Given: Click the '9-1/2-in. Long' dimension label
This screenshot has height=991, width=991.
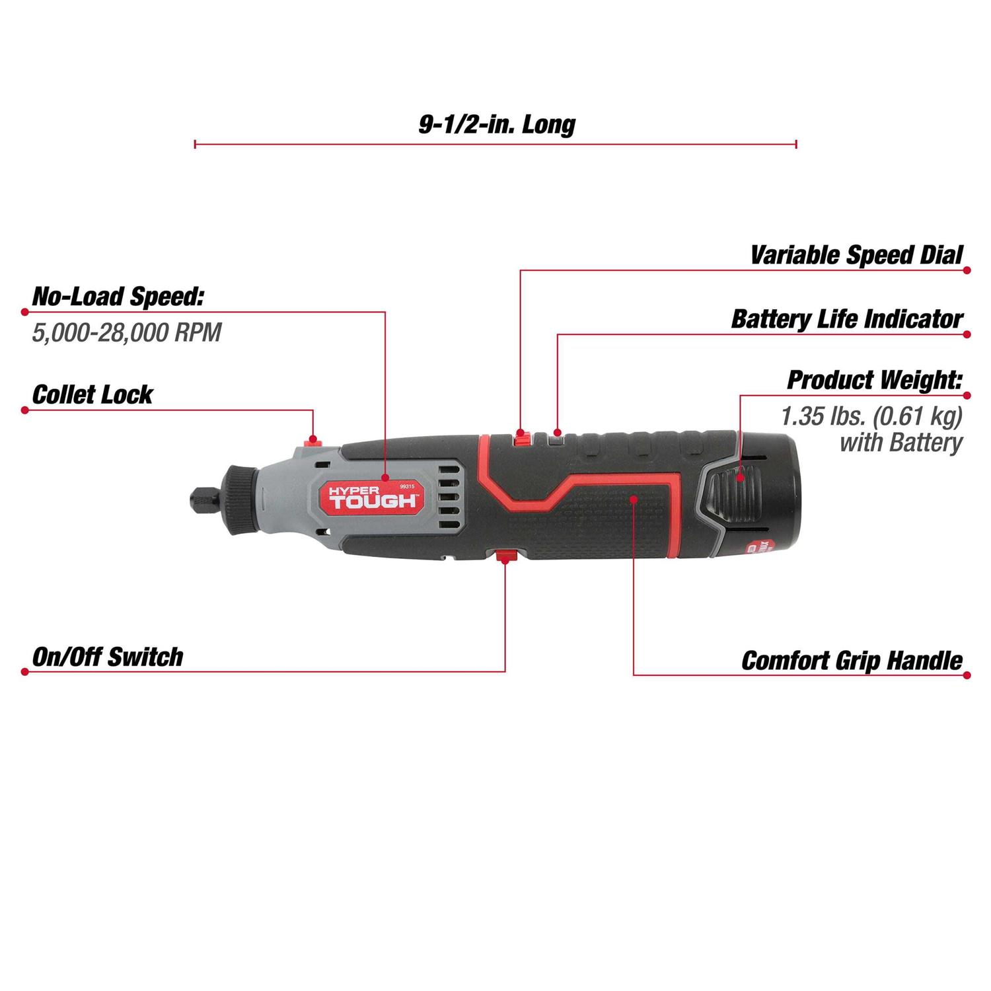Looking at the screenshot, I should (497, 124).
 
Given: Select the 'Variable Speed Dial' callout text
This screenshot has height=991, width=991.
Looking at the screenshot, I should (856, 255).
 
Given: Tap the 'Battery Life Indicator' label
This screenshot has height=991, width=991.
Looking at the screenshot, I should (846, 319).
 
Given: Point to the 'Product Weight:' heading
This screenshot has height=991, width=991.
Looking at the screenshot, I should (874, 380).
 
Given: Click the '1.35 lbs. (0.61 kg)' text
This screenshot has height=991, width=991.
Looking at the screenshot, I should (871, 416).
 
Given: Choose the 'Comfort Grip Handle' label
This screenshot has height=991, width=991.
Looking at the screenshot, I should (852, 661).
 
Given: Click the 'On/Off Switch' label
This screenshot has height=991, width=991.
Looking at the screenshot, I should (108, 657).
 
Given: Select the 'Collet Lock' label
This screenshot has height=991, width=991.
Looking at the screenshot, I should (92, 394).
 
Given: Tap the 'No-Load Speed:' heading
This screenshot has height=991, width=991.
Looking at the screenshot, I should (118, 297).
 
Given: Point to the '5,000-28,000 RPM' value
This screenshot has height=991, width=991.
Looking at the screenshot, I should (127, 332).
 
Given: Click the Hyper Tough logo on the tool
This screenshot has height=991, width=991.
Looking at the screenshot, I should (373, 497).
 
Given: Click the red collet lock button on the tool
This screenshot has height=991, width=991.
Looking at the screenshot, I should (313, 439).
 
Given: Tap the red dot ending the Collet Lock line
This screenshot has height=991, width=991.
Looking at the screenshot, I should (24, 410).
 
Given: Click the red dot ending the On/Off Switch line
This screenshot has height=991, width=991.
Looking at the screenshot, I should (24, 672).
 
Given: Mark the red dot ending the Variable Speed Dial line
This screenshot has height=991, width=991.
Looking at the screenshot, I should (967, 270).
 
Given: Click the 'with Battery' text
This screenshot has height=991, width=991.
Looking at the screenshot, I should (900, 443).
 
